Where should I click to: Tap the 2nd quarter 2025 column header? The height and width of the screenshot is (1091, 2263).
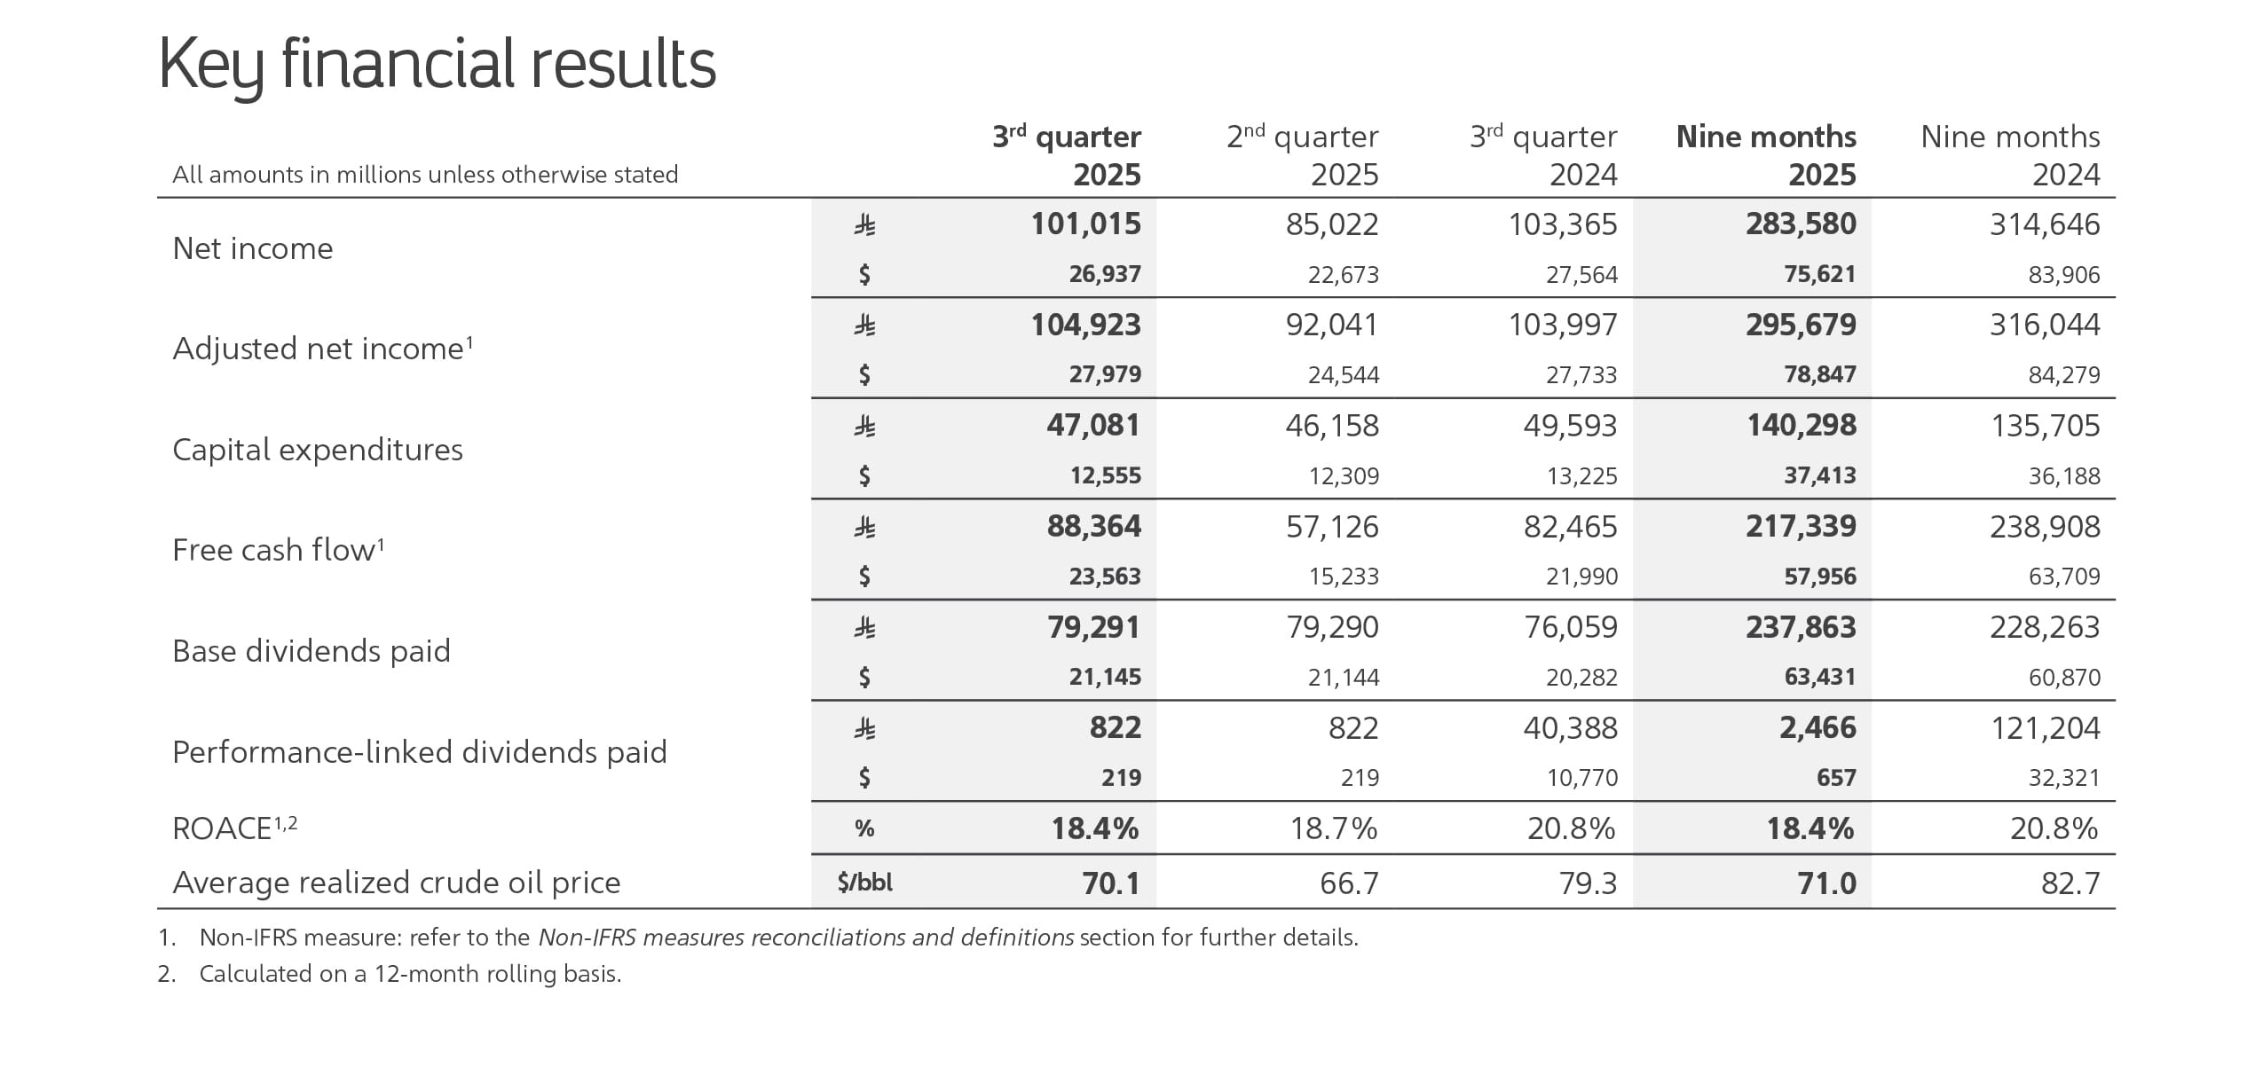(1302, 155)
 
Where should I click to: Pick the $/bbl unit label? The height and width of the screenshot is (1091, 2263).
(864, 883)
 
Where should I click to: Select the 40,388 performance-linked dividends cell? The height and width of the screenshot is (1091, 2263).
(1570, 728)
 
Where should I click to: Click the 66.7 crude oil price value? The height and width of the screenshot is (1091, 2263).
(1348, 883)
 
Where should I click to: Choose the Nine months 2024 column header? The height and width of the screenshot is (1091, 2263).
(2010, 155)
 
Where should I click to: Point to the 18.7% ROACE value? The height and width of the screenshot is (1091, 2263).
(1333, 828)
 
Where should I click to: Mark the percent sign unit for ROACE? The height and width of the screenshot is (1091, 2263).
(864, 828)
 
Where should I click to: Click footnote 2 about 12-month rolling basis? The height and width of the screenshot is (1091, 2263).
(390, 974)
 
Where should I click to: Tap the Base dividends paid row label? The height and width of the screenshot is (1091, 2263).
(311, 651)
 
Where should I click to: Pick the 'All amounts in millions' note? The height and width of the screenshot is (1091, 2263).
(425, 175)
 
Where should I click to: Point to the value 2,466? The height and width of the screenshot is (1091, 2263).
(1817, 728)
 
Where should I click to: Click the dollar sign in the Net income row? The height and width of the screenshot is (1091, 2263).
(864, 275)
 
